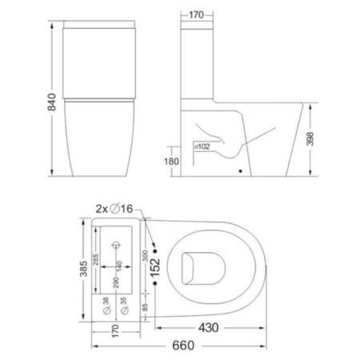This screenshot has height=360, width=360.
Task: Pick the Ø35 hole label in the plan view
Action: (123, 306)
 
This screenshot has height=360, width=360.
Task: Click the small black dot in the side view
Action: (241, 170)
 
